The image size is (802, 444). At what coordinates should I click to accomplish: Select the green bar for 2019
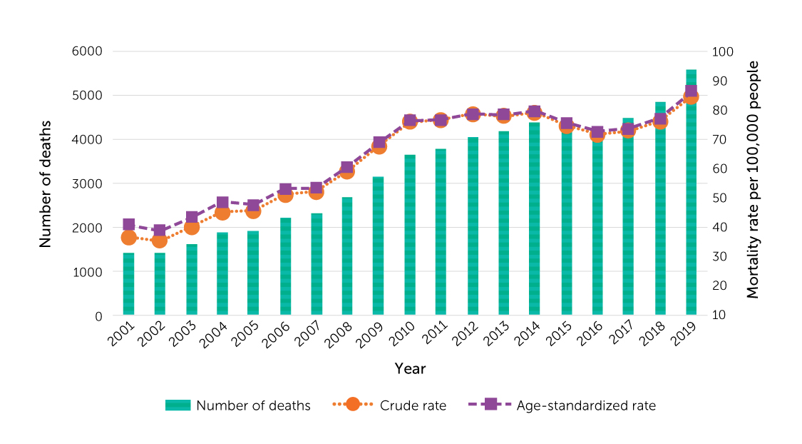click(691, 214)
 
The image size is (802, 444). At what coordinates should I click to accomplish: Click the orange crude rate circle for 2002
click(160, 241)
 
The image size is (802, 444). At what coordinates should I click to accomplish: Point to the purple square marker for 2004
click(222, 203)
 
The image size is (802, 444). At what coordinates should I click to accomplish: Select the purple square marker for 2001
click(128, 225)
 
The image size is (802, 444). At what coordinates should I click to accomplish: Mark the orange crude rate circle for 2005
click(253, 211)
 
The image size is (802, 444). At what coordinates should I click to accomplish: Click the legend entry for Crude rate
click(389, 405)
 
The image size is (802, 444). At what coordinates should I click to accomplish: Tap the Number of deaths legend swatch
click(178, 405)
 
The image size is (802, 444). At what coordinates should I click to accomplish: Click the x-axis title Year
click(410, 368)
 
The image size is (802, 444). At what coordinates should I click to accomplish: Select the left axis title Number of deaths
click(46, 184)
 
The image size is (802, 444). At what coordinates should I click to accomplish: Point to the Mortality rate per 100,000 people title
click(753, 180)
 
